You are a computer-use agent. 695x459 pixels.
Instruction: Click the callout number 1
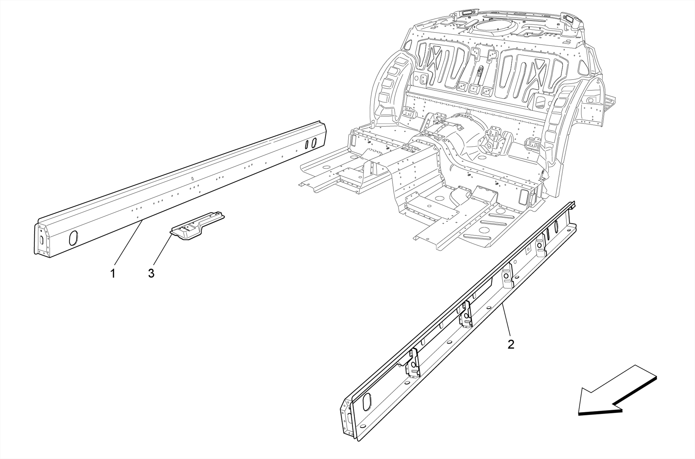click(113, 273)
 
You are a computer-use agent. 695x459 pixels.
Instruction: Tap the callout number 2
click(511, 344)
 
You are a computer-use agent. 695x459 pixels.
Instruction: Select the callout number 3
click(151, 273)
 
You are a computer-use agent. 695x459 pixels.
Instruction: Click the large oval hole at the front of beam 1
click(73, 237)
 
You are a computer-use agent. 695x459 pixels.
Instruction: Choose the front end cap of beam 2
click(346, 420)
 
